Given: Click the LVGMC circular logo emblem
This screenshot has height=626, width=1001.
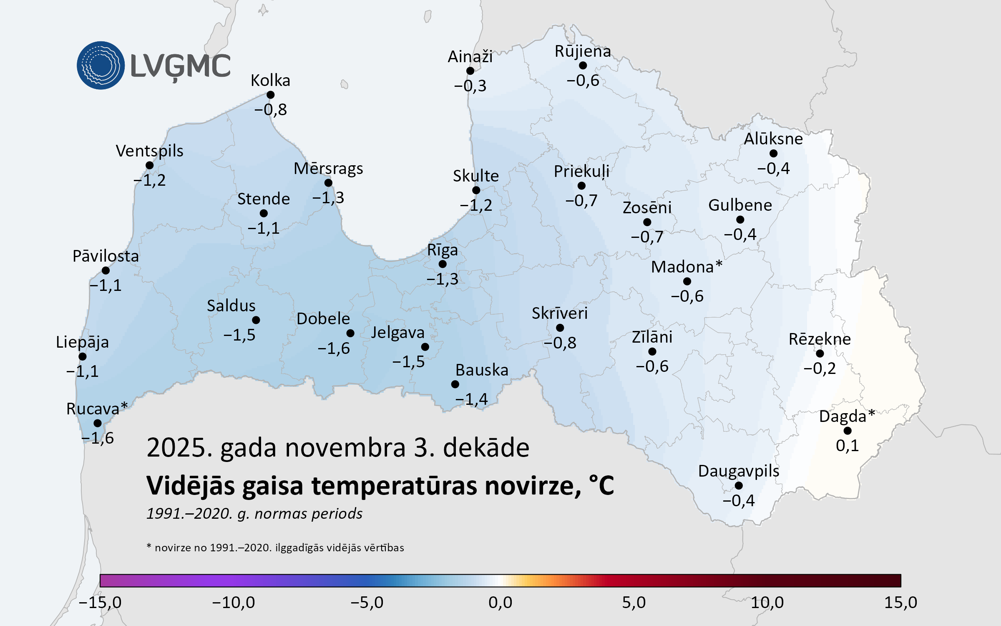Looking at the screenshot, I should [x=101, y=66].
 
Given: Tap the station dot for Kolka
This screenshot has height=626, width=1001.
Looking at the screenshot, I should [x=270, y=95].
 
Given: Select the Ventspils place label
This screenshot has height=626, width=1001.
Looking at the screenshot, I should [x=149, y=151].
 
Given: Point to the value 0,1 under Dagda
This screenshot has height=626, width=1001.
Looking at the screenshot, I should [x=847, y=446].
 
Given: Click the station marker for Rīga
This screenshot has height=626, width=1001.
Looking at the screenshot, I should [x=443, y=264].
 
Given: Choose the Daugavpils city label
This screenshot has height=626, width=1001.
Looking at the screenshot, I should [x=739, y=471].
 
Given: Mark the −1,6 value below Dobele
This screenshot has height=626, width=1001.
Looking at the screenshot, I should [x=334, y=348].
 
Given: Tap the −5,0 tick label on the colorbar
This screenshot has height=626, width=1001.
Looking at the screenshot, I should [x=367, y=602].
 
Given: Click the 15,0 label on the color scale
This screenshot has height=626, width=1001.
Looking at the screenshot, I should [x=900, y=602].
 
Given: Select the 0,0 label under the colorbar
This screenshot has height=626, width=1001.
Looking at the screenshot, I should [x=500, y=602].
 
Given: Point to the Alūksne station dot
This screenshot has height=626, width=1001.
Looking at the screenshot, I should [x=773, y=154].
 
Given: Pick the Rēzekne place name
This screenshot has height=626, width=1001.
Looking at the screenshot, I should [x=820, y=339].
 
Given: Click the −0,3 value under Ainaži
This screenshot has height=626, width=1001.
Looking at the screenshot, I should [x=470, y=86].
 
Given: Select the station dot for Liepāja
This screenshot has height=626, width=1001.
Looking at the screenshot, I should [x=83, y=356].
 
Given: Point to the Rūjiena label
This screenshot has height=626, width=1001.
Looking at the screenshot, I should [x=583, y=51].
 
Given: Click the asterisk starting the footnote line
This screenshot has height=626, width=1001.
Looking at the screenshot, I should [x=149, y=546].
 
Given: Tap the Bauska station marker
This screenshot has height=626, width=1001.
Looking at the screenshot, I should [x=455, y=384].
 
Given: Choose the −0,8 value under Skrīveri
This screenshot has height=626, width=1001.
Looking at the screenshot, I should [x=560, y=343].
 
